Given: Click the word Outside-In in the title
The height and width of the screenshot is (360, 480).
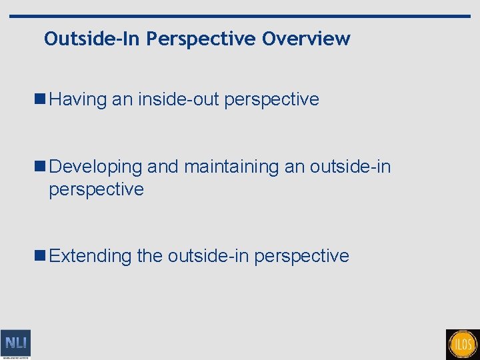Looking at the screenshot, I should click(x=93, y=39).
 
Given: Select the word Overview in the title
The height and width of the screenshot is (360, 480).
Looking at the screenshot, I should click(x=306, y=39).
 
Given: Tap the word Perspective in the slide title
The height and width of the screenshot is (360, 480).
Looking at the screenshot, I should click(x=201, y=39).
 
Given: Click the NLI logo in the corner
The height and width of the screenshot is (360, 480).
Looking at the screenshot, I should click(x=15, y=344).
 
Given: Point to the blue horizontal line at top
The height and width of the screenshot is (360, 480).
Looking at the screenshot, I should click(x=240, y=16).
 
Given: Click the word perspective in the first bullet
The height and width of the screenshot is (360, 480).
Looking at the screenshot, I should click(x=272, y=100).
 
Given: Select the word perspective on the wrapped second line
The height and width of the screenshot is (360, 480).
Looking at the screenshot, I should click(x=96, y=189).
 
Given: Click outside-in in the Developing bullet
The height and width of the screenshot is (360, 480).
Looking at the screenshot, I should click(x=350, y=167).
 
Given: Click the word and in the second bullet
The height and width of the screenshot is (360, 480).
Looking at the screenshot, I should click(x=163, y=167).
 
